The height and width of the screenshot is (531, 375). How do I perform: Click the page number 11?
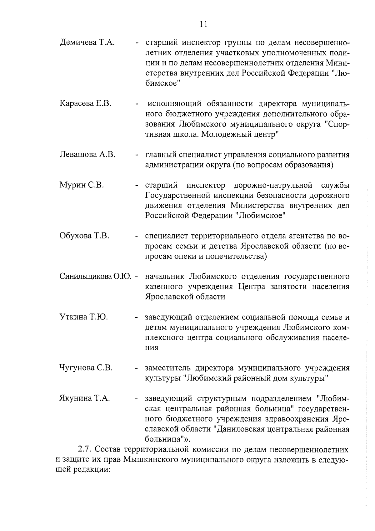click(x=203, y=24)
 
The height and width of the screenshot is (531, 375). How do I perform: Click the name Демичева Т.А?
click(x=87, y=42)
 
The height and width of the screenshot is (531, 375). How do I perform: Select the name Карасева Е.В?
click(x=86, y=104)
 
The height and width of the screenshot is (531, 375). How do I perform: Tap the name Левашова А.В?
click(x=87, y=154)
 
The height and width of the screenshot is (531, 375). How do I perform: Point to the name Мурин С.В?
click(x=82, y=185)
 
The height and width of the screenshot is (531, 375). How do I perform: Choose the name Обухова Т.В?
click(x=84, y=236)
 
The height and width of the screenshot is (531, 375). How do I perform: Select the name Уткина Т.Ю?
click(x=84, y=317)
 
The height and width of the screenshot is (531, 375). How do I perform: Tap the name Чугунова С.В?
click(x=86, y=368)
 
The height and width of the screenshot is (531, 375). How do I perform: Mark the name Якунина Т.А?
click(x=85, y=398)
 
